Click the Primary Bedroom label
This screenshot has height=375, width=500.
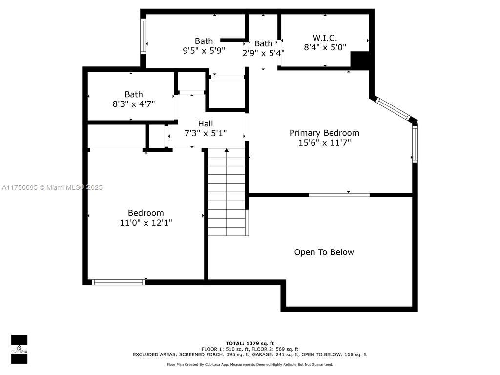324,133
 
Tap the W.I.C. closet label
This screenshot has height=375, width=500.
325,38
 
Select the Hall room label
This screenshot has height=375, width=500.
206,124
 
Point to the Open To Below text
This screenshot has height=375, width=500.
324,252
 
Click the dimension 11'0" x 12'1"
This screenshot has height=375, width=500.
146,223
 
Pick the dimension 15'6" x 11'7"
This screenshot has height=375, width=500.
324,143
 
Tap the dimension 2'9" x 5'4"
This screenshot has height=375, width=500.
263,53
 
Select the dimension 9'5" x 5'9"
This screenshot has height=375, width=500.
204,51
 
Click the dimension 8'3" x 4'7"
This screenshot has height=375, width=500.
134,104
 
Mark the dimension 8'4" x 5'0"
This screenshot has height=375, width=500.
325,47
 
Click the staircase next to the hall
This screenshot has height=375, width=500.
227,192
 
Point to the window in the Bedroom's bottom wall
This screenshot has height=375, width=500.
118,282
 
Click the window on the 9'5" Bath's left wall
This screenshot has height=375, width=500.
143,36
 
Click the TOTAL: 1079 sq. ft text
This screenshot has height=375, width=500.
250,343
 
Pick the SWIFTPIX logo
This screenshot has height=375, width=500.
19,349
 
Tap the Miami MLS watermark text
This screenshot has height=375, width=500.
52,187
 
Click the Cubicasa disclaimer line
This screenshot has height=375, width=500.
250,364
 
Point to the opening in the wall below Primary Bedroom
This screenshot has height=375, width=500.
339,195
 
